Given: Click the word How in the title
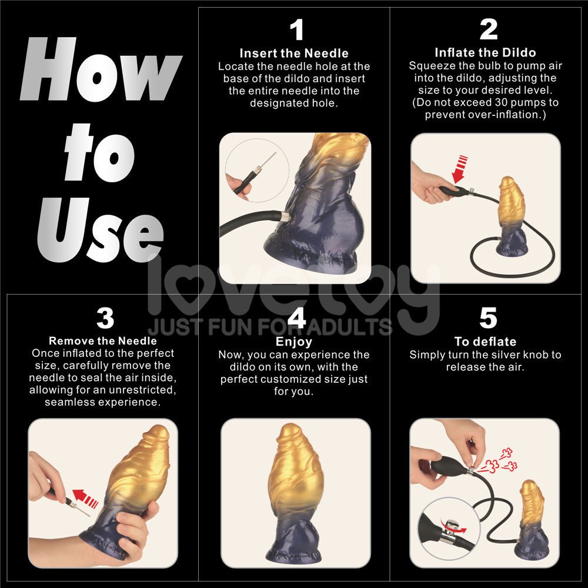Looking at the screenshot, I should tap(100, 71).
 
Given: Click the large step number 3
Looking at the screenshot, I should tap(105, 318).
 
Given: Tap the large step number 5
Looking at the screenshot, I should tap(488, 318).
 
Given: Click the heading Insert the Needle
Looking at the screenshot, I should tap(294, 54).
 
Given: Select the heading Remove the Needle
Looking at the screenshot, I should tap(103, 340).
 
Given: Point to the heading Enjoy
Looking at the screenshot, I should tap(294, 342).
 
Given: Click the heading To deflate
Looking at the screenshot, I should tap(485, 342).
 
